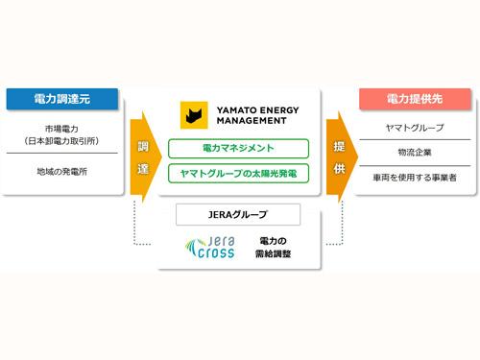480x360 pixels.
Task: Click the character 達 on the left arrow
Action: coord(143,169)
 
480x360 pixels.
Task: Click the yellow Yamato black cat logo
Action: coord(195,115)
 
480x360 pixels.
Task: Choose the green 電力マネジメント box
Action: coord(238,148)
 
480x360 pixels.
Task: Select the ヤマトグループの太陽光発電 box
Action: coord(238,174)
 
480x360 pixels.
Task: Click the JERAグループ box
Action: coord(239,214)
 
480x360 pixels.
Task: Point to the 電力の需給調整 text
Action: coord(277,246)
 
